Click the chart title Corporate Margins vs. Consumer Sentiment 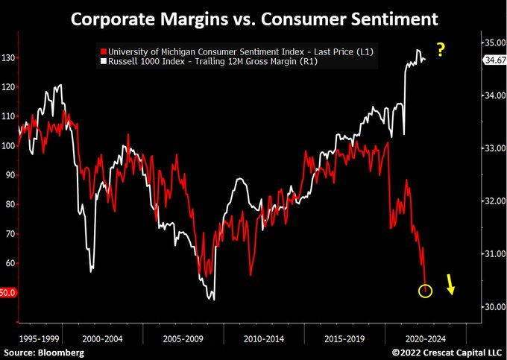click(253, 16)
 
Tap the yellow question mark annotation click(441, 51)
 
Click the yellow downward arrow click(451, 284)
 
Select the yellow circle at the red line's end click(425, 290)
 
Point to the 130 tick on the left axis click(9, 57)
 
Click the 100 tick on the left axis click(9, 145)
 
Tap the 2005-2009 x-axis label click(183, 337)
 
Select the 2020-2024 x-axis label click(426, 337)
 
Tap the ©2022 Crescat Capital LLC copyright click(448, 351)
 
